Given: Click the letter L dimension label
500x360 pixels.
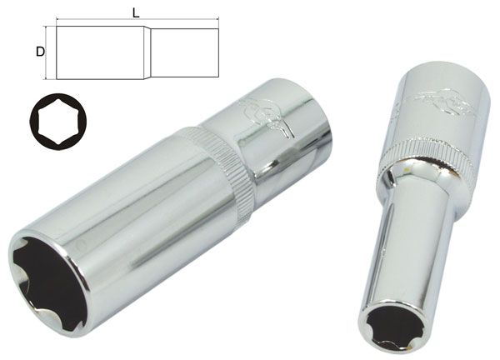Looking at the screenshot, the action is [136, 12].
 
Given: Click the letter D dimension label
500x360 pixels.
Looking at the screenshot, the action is [40, 52].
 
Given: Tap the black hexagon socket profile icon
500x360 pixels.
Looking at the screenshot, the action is [58, 121].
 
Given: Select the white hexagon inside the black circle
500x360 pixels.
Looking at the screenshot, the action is [58, 121].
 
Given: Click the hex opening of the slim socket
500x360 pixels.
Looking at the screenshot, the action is [391, 328].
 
